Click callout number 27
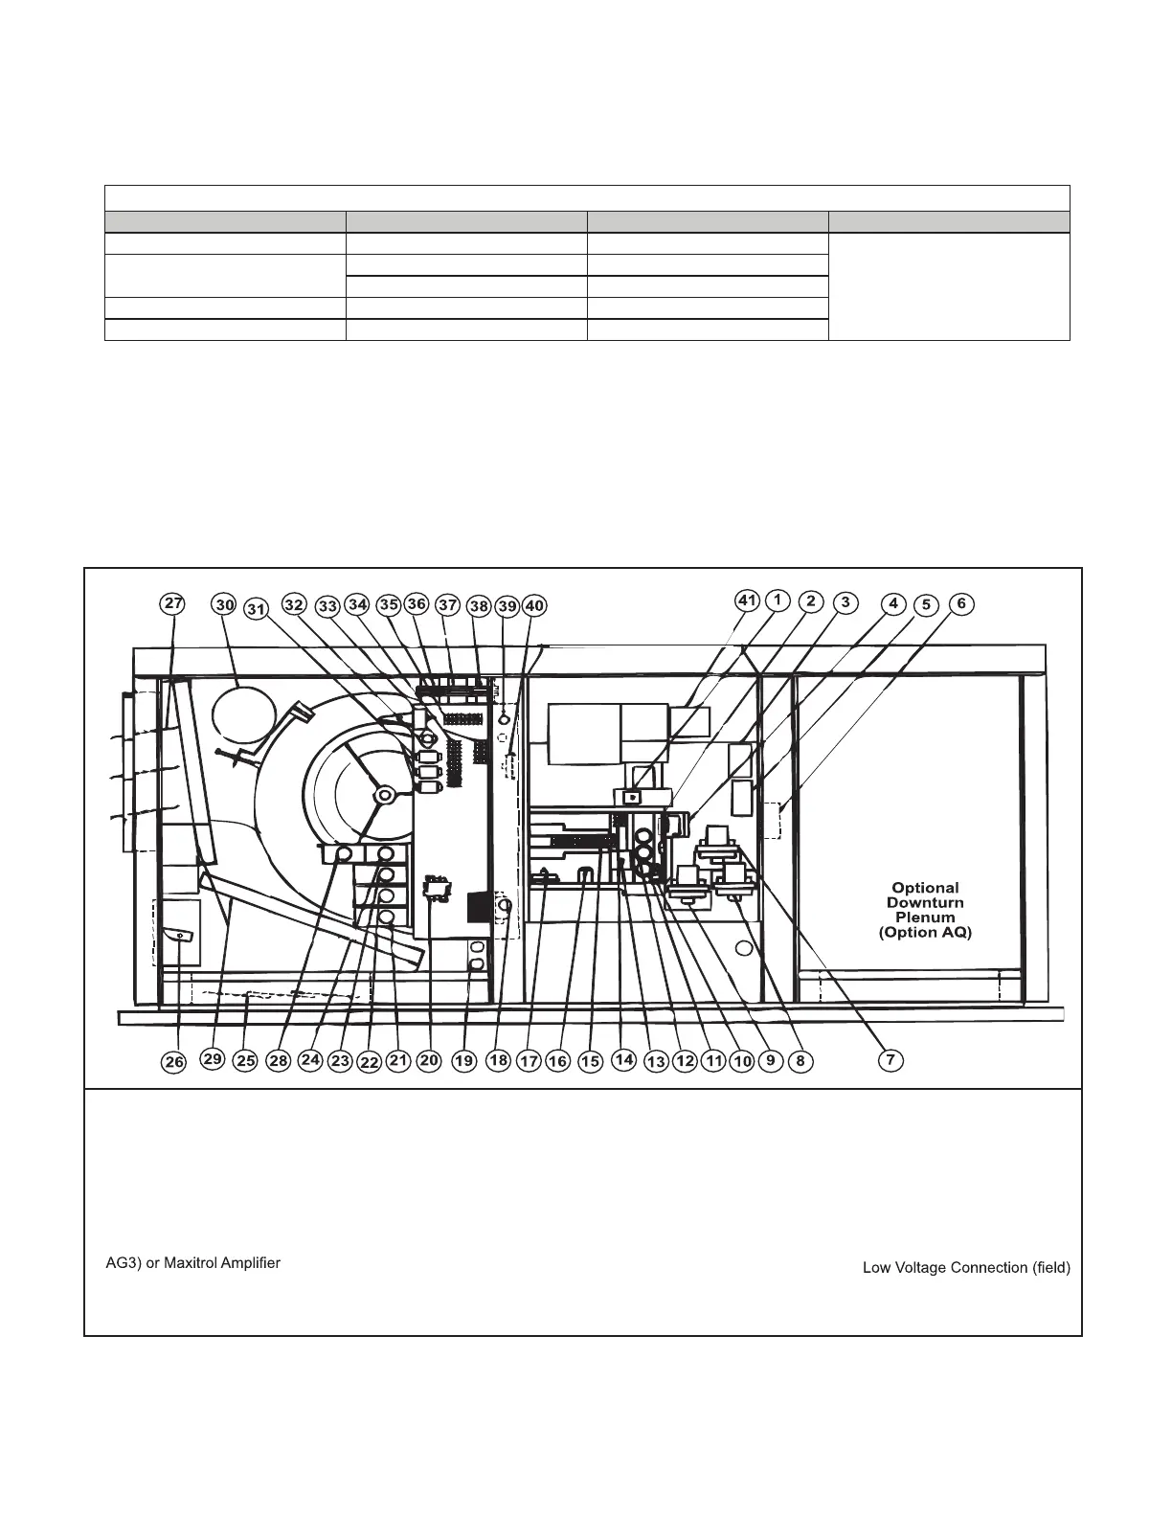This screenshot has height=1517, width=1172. click(172, 604)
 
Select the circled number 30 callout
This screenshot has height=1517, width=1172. click(224, 605)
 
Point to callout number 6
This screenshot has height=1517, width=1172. click(961, 604)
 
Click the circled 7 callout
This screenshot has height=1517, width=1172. click(890, 1060)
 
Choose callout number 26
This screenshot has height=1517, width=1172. click(173, 1061)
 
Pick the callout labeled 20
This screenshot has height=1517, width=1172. click(429, 1060)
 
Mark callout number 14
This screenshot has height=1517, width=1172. click(623, 1059)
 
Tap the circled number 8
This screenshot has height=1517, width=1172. click(800, 1061)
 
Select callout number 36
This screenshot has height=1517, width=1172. click(417, 604)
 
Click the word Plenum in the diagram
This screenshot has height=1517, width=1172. click(924, 917)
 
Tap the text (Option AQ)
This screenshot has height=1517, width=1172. click(924, 933)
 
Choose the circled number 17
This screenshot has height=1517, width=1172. click(529, 1061)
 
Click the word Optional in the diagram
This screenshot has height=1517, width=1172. click(925, 888)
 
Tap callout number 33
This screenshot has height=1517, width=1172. click(328, 606)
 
